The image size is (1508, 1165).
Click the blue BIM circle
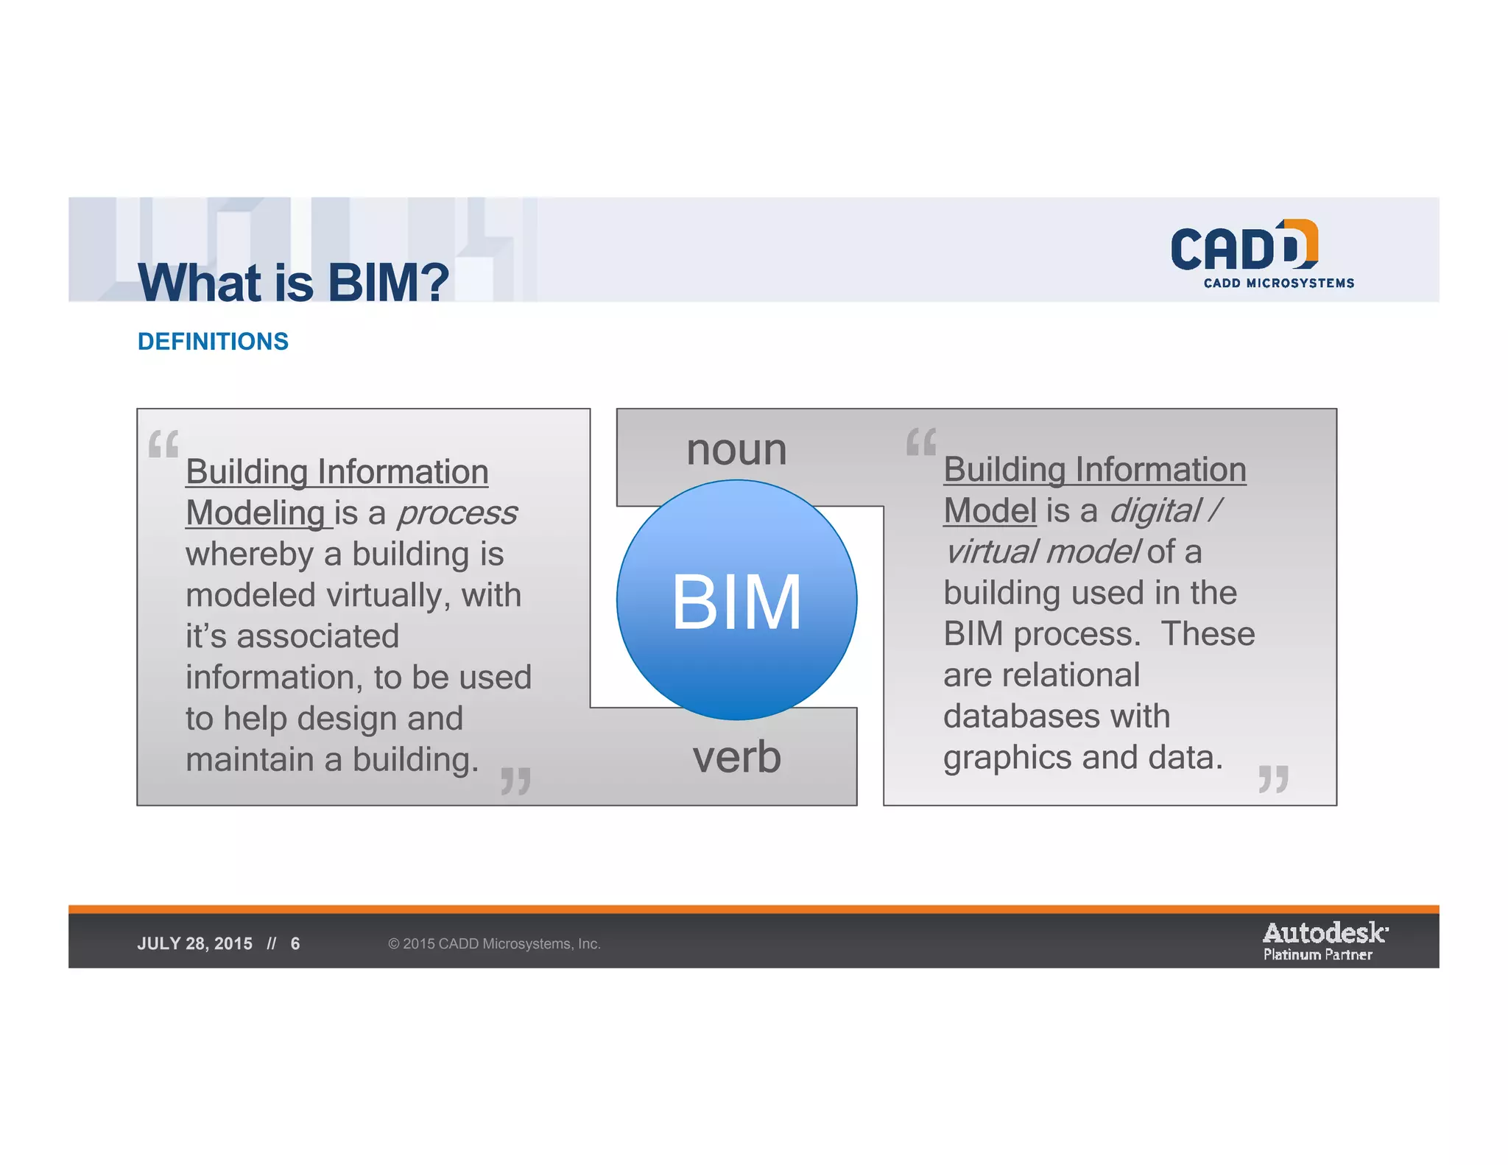[x=736, y=600]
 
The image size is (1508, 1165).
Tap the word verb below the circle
[x=736, y=757]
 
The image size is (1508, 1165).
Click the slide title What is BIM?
[x=293, y=282]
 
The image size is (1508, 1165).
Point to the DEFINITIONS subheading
[x=213, y=342]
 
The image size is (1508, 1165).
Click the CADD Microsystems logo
[x=1261, y=254]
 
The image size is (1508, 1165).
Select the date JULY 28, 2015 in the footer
[x=194, y=944]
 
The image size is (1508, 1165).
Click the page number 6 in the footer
[x=295, y=944]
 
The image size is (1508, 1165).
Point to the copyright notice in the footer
[x=494, y=944]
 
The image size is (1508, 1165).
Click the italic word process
[x=457, y=513]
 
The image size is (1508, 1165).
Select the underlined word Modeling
[x=255, y=513]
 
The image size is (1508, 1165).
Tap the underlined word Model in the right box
[x=990, y=511]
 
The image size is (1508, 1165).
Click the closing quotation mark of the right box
[x=1273, y=779]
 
